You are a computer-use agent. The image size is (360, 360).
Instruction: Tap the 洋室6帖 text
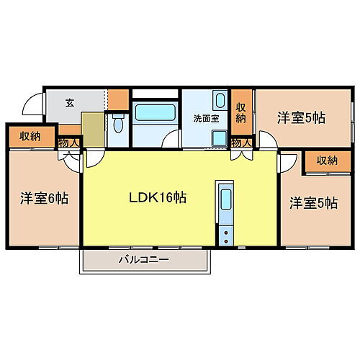pyautogui.click(x=44, y=197)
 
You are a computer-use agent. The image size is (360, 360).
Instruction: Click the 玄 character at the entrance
pyautogui.click(x=70, y=103)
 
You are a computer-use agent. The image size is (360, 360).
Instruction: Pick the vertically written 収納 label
pyautogui.click(x=242, y=112)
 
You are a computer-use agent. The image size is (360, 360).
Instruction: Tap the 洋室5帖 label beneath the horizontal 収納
pyautogui.click(x=313, y=203)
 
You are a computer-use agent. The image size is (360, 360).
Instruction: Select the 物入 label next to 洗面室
pyautogui.click(x=241, y=142)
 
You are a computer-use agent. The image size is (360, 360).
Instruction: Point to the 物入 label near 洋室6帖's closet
pyautogui.click(x=68, y=143)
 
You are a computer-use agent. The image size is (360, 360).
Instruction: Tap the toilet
pyautogui.click(x=118, y=124)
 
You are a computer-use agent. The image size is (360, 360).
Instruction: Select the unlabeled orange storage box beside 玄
pyautogui.click(x=117, y=98)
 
